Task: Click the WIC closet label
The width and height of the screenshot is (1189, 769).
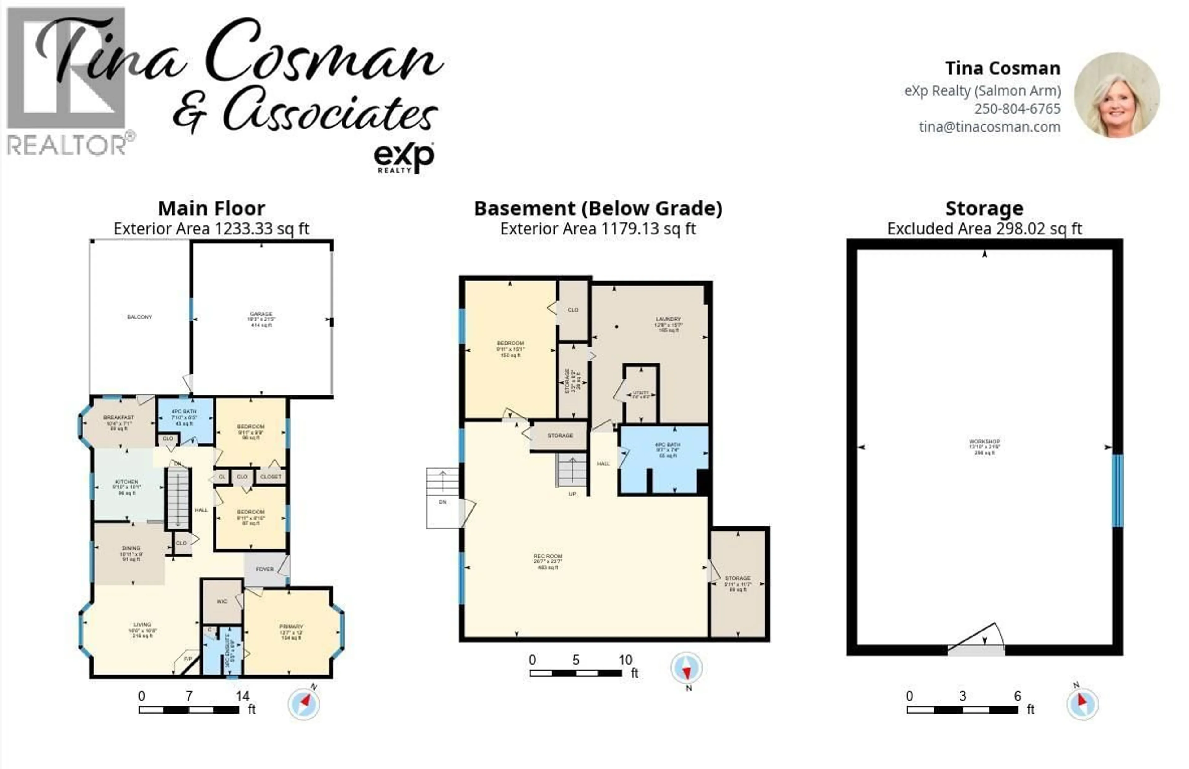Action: tap(222, 601)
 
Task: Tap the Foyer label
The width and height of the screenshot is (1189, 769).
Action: tap(264, 569)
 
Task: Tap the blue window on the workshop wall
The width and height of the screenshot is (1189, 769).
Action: tap(1117, 490)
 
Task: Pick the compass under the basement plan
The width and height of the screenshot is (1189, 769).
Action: tap(686, 668)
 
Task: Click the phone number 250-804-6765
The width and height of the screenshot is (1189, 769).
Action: tap(1017, 109)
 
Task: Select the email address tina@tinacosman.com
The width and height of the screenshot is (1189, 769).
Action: tap(989, 127)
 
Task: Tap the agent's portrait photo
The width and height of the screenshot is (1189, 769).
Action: tap(1117, 95)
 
